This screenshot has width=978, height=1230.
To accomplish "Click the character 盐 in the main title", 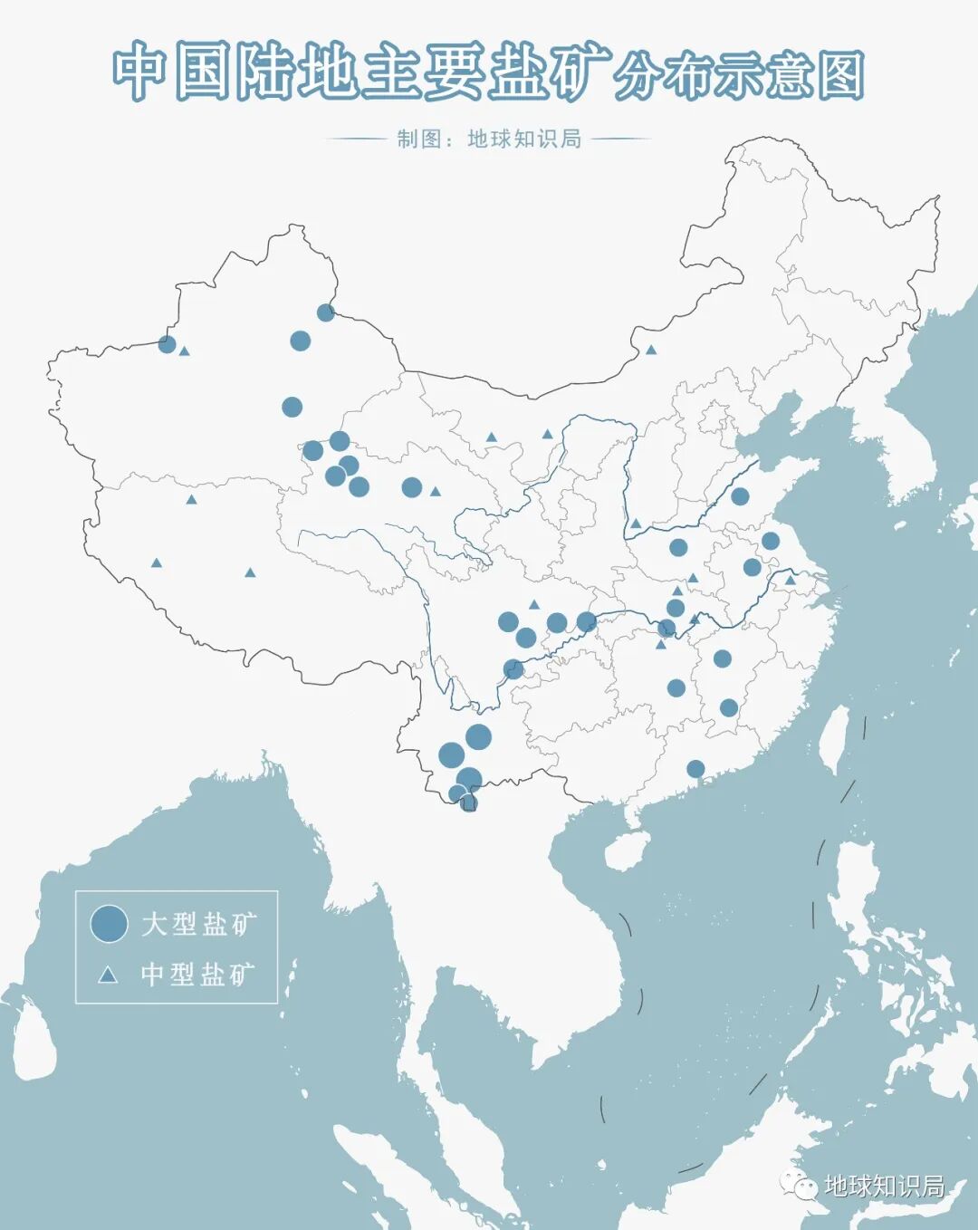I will pyautogui.click(x=519, y=72).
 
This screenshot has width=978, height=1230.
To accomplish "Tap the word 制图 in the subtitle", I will pyautogui.click(x=418, y=139).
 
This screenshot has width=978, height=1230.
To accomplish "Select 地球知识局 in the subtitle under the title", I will pyautogui.click(x=524, y=139).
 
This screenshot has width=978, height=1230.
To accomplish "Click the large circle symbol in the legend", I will pyautogui.click(x=109, y=924).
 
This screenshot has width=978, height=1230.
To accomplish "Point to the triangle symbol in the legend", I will pyautogui.click(x=108, y=975).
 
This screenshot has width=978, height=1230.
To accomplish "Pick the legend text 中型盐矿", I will pyautogui.click(x=198, y=975).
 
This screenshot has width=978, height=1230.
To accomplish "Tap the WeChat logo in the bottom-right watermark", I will pyautogui.click(x=800, y=1186).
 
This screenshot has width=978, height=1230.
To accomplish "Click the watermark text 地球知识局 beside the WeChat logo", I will pyautogui.click(x=884, y=1187).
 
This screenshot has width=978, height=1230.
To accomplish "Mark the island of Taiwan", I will pyautogui.click(x=835, y=737).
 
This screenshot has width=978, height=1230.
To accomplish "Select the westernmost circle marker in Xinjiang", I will pyautogui.click(x=167, y=344).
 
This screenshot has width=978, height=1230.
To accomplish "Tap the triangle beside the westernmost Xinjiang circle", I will pyautogui.click(x=185, y=351).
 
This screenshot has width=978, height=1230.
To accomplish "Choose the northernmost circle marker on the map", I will pyautogui.click(x=326, y=312).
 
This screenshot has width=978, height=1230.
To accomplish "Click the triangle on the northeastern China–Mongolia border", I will pyautogui.click(x=650, y=350).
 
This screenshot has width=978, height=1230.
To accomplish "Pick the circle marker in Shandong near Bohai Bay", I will pyautogui.click(x=740, y=496).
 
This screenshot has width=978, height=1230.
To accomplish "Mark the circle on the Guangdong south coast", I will pyautogui.click(x=695, y=769).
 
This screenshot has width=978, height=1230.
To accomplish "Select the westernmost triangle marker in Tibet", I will pyautogui.click(x=157, y=563).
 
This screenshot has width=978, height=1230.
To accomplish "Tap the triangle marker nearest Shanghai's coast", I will pyautogui.click(x=791, y=581).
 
